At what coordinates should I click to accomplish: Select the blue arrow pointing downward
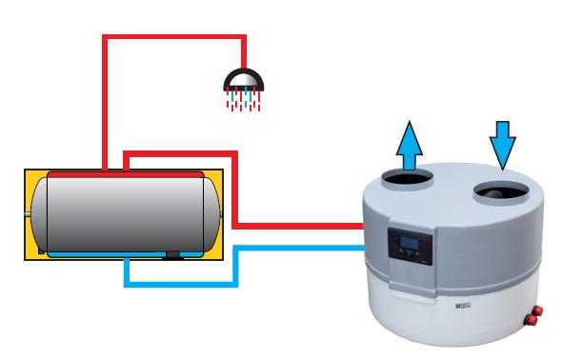click(x=502, y=144)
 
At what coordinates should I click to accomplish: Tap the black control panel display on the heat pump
click(x=408, y=246)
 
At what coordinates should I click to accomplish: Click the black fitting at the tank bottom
click(x=172, y=254)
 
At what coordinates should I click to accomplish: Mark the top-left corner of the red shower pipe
click(x=104, y=38)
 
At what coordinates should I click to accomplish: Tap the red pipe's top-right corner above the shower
click(x=245, y=38)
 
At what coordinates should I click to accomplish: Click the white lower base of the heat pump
click(x=448, y=319)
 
